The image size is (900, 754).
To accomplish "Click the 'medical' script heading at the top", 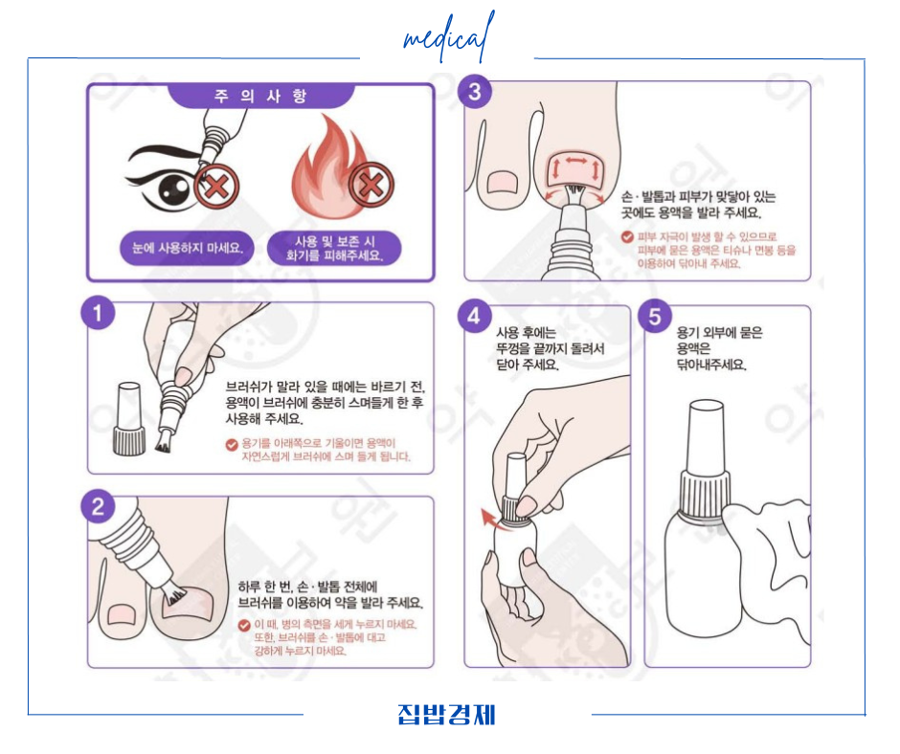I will [x=448, y=36].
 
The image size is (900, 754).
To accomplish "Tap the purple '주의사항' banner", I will [x=260, y=97].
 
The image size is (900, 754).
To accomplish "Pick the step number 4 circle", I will [x=475, y=315].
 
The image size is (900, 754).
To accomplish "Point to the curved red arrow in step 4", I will [x=491, y=521].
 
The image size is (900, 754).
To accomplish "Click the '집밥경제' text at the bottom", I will [x=447, y=715].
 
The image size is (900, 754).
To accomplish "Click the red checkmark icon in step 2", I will [x=244, y=625].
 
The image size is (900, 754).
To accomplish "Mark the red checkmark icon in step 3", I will [x=627, y=236].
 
